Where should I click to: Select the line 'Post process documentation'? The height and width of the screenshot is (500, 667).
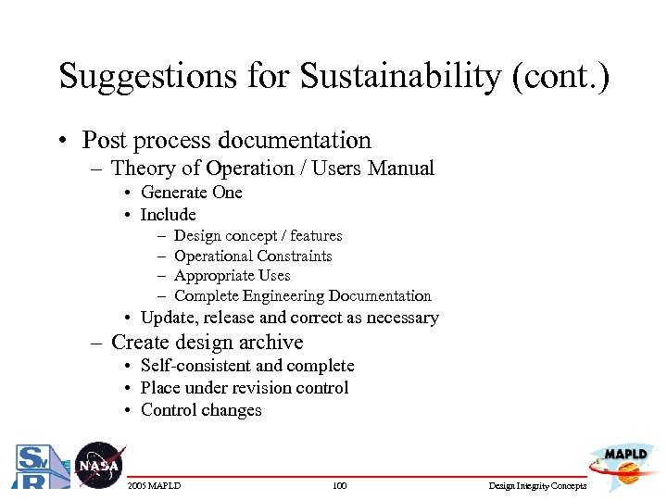pos(226,141)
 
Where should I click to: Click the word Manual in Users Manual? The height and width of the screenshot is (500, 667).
pos(400,169)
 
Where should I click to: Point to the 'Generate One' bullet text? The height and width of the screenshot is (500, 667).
pos(191,193)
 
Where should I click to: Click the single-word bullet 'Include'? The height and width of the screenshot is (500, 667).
pos(168,215)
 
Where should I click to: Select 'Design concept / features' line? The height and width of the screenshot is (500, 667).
pos(258,236)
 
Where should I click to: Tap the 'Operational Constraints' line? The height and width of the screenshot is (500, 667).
pos(253,256)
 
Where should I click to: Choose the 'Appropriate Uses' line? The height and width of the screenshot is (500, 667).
pos(232,276)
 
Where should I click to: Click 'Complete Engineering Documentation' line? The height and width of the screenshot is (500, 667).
pos(302,296)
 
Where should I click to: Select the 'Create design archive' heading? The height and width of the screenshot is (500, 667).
pos(207,342)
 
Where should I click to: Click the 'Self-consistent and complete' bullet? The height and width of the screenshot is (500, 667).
pos(246,366)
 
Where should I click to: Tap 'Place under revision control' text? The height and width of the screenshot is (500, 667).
pos(244,388)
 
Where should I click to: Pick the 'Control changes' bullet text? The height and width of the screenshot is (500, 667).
pos(201,410)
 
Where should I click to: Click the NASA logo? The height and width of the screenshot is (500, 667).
pos(98,465)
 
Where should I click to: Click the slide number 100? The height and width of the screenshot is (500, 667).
pos(339,486)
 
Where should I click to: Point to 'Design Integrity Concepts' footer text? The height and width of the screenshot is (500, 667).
pos(537,486)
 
